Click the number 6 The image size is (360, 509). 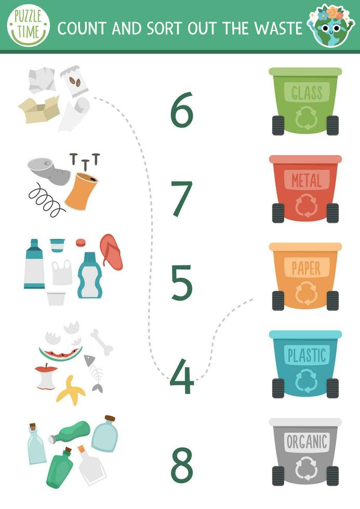(x=182, y=110)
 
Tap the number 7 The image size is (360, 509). (x=182, y=198)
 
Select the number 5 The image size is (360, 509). (x=182, y=283)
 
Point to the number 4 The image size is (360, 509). (x=181, y=377)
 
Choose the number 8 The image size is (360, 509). (x=182, y=464)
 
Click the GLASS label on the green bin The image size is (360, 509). (x=306, y=93)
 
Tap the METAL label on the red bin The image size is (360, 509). (x=306, y=180)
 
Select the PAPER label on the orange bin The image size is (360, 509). (x=306, y=268)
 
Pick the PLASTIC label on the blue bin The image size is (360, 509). (x=306, y=355)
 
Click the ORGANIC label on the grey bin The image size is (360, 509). (x=306, y=443)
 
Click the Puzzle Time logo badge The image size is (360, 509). (x=29, y=25)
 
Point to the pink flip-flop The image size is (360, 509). (x=111, y=251)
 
